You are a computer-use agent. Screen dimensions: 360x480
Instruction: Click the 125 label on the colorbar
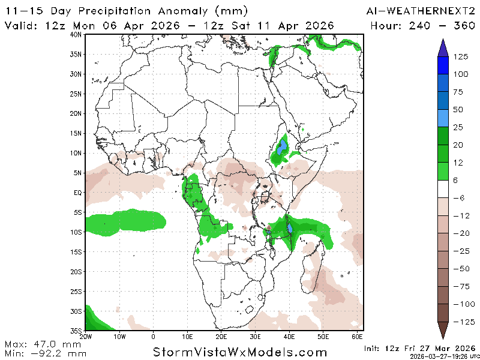460,57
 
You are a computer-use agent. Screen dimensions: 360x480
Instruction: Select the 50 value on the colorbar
458,110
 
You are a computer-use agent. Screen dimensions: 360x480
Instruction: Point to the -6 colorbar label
460,198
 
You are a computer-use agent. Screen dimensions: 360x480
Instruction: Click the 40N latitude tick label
76,35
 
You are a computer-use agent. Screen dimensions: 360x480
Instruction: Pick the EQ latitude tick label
77,193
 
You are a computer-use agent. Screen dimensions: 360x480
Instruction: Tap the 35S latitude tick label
76,331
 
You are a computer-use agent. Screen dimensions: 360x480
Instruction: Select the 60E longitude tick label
358,337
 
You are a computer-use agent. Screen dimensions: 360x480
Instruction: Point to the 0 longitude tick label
154,337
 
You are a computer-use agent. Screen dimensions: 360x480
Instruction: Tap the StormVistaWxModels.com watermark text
240,352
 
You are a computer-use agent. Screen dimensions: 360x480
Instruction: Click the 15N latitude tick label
76,133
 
